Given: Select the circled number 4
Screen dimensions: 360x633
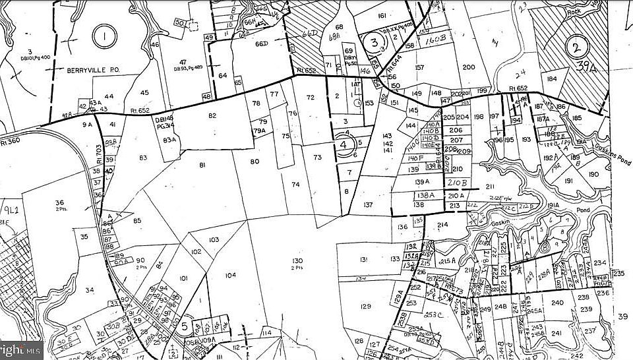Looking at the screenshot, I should click(x=344, y=144).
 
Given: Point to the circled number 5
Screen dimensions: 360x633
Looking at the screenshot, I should click(x=185, y=326).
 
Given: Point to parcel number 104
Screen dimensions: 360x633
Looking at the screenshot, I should click(x=230, y=274).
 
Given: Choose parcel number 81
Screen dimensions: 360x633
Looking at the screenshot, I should click(x=202, y=165).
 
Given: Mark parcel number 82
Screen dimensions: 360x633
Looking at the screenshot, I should click(x=212, y=116).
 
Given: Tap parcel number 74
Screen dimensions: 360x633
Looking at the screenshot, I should click(x=295, y=185).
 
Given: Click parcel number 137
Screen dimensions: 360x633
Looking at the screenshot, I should click(x=367, y=206).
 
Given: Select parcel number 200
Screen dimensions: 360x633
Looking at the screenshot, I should click(x=469, y=67).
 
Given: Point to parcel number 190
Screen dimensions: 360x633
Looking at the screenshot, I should click(x=593, y=174).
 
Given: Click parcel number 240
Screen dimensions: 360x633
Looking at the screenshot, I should click(x=558, y=303).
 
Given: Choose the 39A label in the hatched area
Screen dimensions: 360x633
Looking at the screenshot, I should click(x=581, y=66).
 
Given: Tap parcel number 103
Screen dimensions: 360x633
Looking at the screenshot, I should click(x=214, y=240).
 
